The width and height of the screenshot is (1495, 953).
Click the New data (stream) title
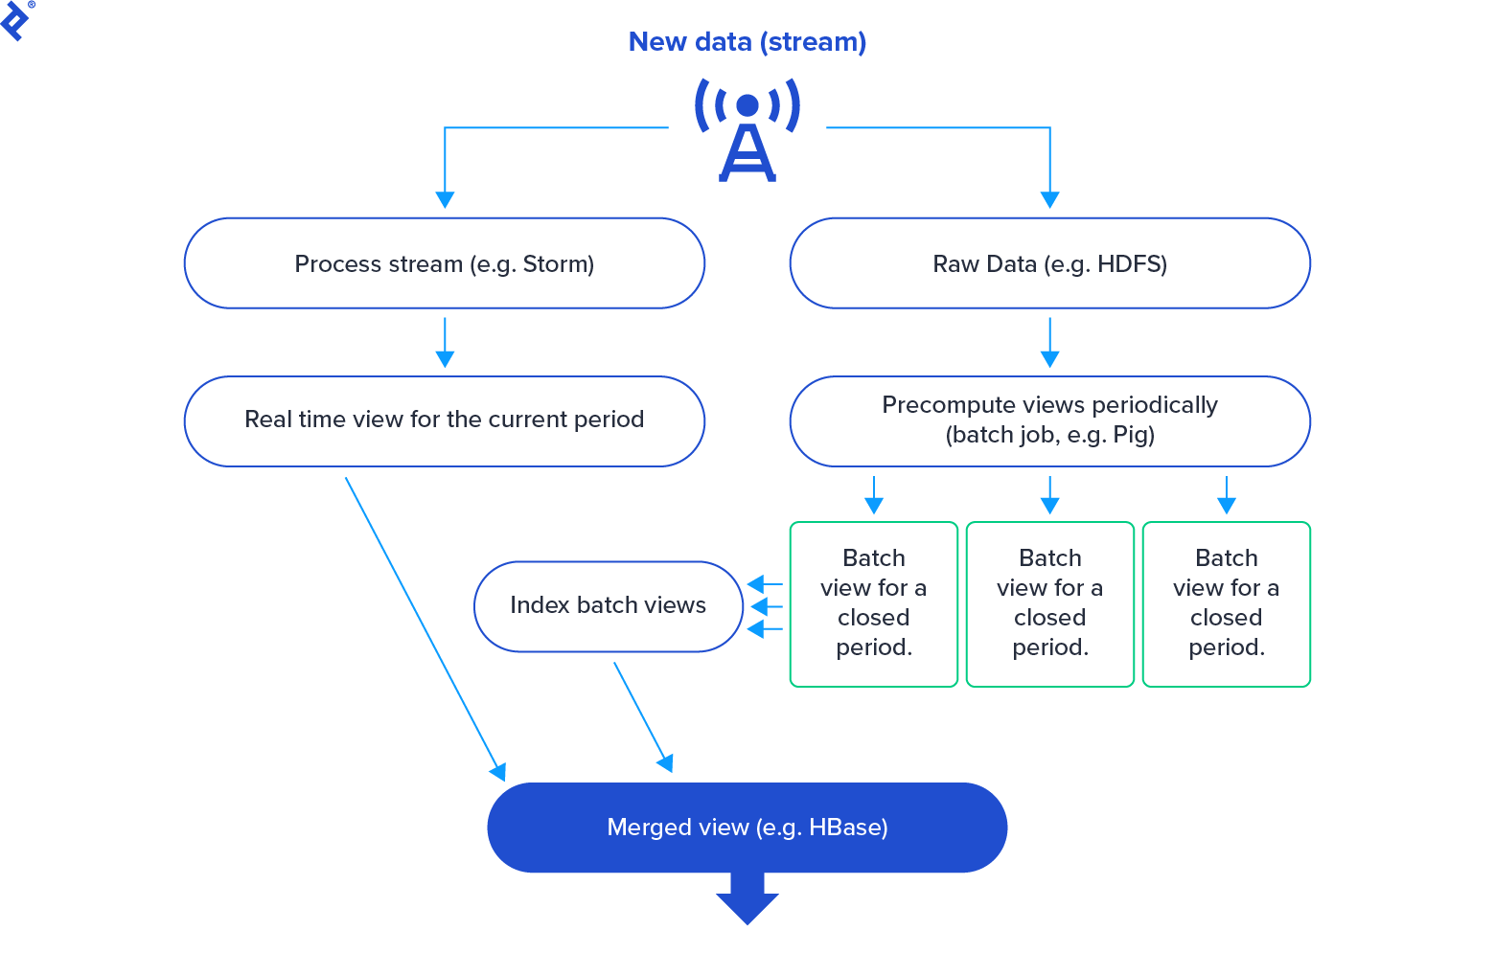pos(747,42)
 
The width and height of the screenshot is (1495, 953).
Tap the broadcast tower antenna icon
pos(747,129)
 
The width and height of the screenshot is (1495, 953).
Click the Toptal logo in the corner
pos(16,19)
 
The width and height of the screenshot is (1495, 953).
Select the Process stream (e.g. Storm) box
pos(444,263)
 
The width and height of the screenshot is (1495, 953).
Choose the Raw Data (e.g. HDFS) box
pos(1049,263)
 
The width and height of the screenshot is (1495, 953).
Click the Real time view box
pos(444,420)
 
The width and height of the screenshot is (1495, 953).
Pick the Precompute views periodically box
pos(1049,420)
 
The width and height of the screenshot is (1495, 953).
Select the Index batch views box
pos(608,605)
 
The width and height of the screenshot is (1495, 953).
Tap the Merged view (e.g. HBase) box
pos(747,828)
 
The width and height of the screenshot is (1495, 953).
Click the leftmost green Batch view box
pos(873,603)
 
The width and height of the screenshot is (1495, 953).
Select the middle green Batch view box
pos(1049,603)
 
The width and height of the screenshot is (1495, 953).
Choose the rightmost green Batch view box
pos(1226,603)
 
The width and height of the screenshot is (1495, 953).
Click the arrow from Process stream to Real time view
pos(445,342)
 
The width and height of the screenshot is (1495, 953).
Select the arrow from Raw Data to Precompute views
pos(1050,342)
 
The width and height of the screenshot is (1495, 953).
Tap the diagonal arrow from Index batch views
pos(642,715)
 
